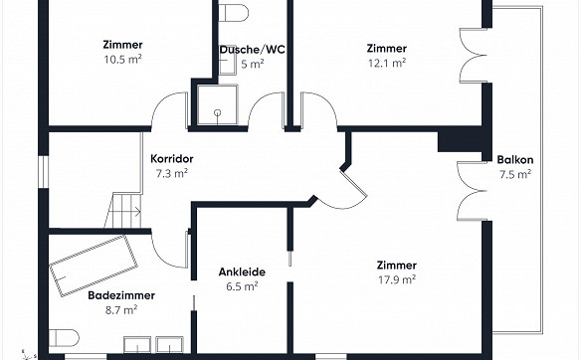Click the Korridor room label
pos(172,159)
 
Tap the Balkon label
pos(515,160)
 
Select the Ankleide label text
pos(242,271)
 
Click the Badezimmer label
pos(121,295)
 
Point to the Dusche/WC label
pos(253,50)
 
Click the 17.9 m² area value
pos(397,279)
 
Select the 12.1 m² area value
pos(387,63)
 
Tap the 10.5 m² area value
pos(122,60)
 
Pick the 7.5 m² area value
pos(515,174)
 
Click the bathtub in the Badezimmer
pos(94,266)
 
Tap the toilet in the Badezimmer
pos(64,338)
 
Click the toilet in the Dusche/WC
pos(233,13)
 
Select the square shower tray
pos(218,104)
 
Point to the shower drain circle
pos(218,112)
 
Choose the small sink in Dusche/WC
pos(227,66)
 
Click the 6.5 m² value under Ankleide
pos(242,286)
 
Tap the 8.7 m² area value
pos(121,310)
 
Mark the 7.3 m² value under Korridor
pos(172,173)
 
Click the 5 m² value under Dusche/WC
pos(253,64)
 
